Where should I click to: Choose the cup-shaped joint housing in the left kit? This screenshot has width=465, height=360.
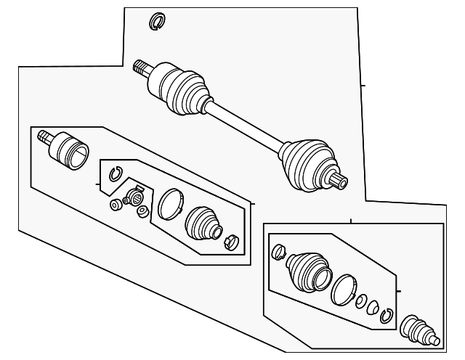(73, 150)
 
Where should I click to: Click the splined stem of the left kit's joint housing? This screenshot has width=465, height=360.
(45, 136)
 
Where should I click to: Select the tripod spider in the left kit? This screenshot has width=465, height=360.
(135, 197)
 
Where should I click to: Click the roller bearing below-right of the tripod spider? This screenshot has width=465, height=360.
(142, 212)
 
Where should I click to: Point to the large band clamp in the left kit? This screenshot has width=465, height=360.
(171, 203)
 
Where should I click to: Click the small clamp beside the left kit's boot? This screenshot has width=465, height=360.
(233, 241)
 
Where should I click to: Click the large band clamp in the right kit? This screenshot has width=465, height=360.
(343, 290)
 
